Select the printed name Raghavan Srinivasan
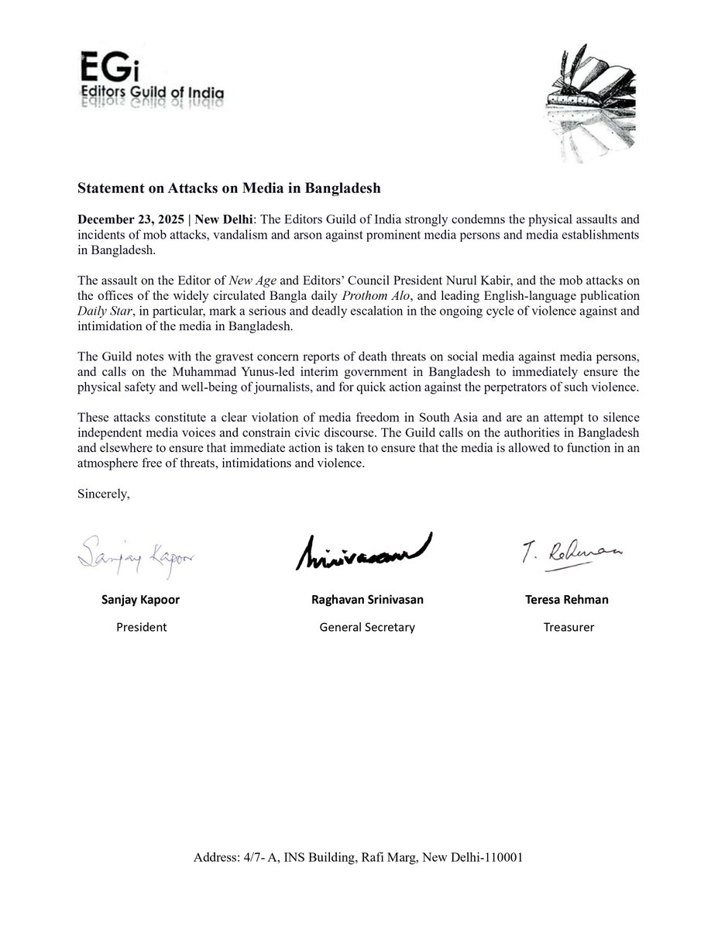tap(366, 600)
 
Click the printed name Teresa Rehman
tap(568, 600)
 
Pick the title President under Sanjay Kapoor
tap(141, 627)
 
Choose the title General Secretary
tap(366, 627)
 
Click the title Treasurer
tap(568, 627)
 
